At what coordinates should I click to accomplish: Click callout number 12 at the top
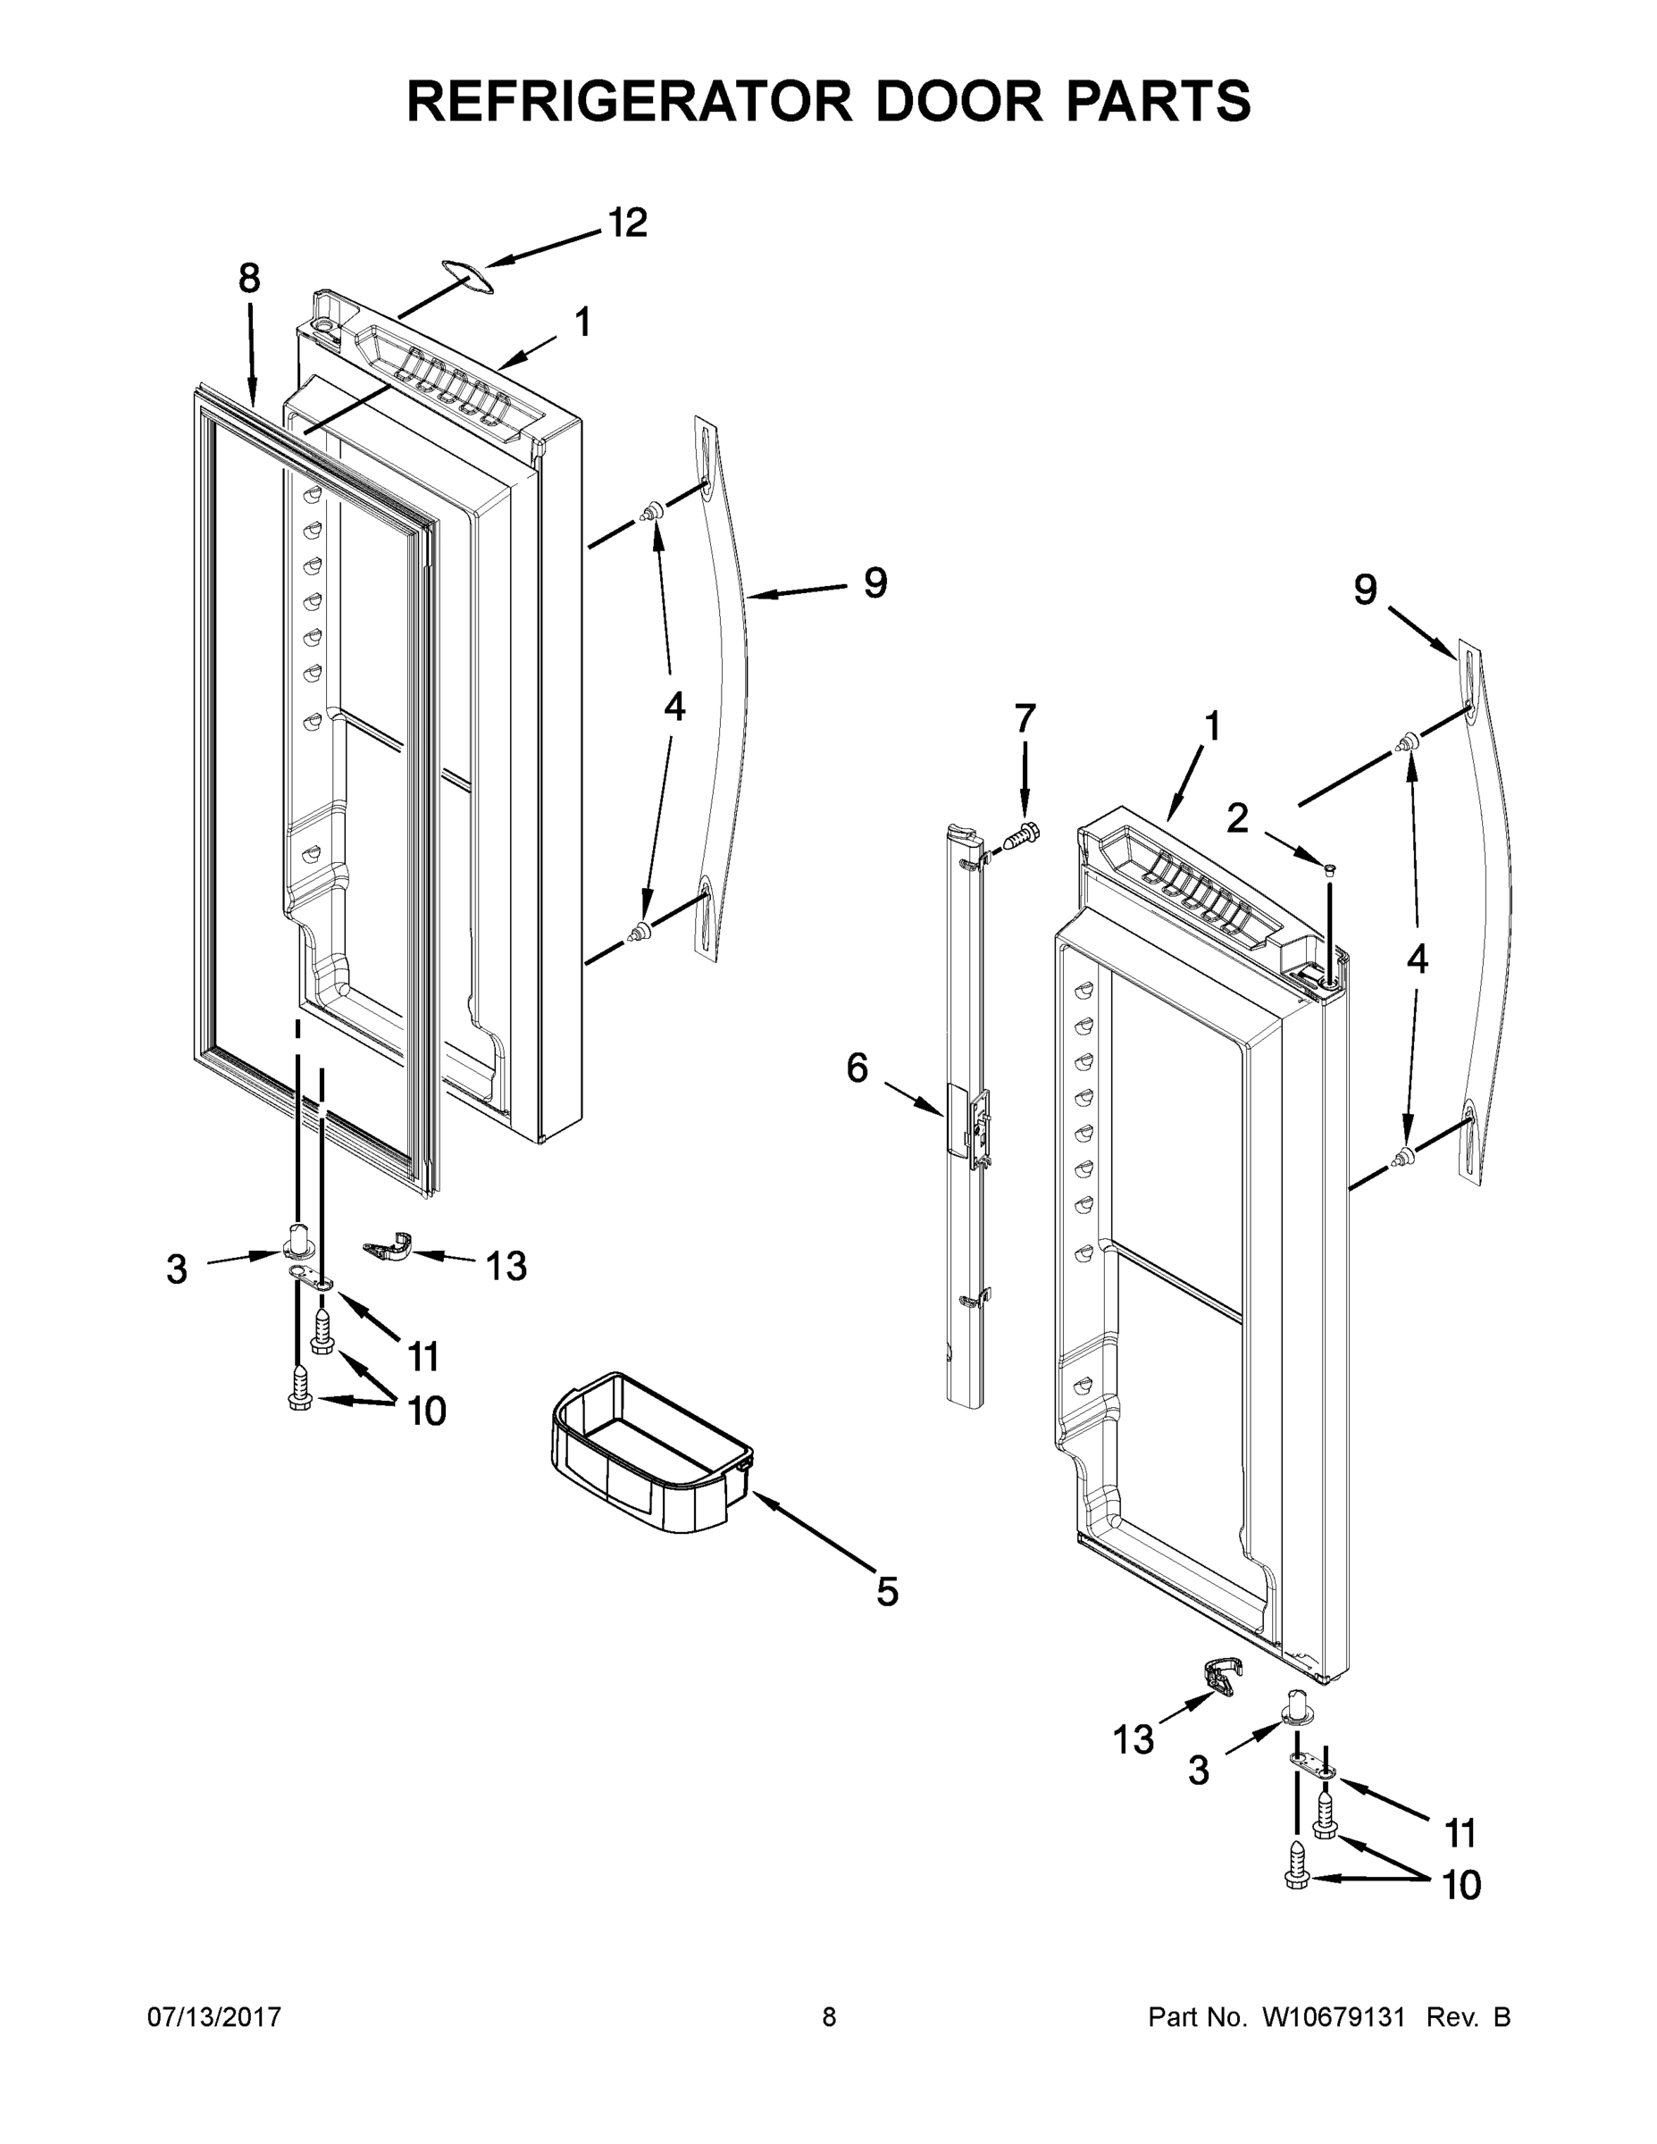point(627,222)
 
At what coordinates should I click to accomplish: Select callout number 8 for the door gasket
point(249,279)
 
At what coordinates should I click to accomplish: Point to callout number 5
point(886,1591)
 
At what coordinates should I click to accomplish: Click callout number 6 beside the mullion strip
point(857,1068)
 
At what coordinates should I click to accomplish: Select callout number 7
point(1024,718)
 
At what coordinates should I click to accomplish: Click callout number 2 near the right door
point(1237,817)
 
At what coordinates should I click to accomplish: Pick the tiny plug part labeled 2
point(1329,867)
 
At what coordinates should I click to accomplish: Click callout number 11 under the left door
point(423,1357)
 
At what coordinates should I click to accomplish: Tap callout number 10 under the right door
point(1461,1885)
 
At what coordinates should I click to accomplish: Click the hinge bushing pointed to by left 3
point(298,1241)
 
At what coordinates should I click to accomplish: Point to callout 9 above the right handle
point(1366,590)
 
